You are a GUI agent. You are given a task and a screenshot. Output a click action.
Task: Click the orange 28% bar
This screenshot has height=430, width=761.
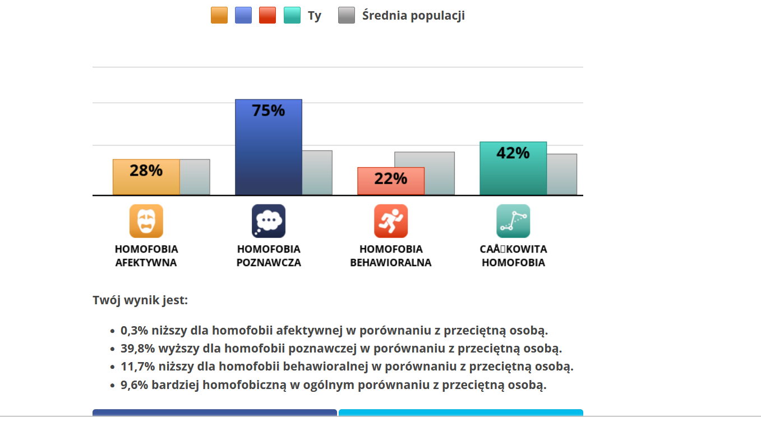146,177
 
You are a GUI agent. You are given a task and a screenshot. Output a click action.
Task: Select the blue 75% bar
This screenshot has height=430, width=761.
268,147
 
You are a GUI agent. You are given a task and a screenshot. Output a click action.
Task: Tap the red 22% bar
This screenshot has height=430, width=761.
391,181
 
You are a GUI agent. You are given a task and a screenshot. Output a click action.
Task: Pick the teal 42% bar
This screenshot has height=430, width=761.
513,168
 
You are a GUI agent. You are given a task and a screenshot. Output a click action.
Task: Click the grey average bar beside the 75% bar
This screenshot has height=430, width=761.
317,172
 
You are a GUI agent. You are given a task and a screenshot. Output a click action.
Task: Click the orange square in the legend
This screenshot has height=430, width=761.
219,15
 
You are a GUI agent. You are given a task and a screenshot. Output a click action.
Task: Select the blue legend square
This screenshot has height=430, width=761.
243,15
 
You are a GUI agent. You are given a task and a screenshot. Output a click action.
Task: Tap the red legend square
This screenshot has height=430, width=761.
267,15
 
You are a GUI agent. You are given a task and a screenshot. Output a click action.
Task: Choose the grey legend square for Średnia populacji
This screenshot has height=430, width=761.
347,15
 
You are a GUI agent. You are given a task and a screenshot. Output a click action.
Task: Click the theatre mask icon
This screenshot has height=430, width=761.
146,221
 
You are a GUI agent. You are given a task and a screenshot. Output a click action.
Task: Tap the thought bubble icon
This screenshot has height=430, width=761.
268,221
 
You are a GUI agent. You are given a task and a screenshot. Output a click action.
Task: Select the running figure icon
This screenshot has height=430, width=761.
391,221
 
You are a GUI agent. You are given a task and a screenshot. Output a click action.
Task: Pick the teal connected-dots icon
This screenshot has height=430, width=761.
513,221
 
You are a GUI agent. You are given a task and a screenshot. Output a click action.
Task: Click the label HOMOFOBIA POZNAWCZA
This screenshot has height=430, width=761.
269,255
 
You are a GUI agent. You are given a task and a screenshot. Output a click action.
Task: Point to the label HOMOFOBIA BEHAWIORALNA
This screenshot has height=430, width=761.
391,255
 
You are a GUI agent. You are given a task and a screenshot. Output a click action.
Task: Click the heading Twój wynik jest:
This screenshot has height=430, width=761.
140,300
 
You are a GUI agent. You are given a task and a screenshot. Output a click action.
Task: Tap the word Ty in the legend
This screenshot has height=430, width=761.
315,16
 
